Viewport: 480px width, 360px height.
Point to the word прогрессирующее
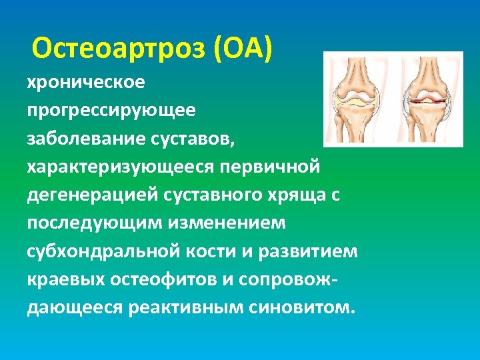pyautogui.click(x=111, y=110)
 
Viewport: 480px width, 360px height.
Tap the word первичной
pyautogui.click(x=281, y=165)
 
